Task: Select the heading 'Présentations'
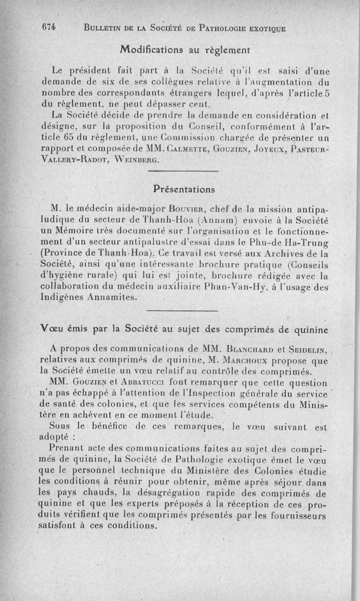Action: tap(183, 188)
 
